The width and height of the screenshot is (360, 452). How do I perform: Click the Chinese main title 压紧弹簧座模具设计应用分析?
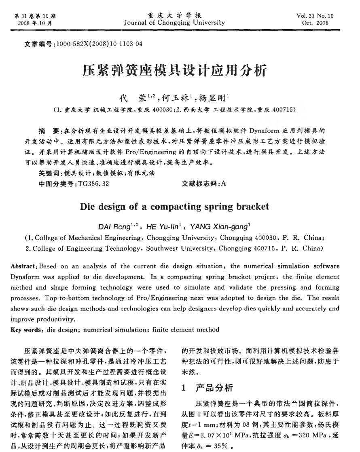coord(174,71)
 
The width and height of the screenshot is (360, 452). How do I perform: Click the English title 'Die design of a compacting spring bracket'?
coord(174,207)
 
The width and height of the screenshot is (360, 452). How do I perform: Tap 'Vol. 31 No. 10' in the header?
coord(315,16)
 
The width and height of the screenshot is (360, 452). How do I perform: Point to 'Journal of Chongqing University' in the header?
coord(174,23)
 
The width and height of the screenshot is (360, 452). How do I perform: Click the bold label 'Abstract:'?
coord(23,266)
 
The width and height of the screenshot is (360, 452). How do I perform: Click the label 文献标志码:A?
coord(204,184)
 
